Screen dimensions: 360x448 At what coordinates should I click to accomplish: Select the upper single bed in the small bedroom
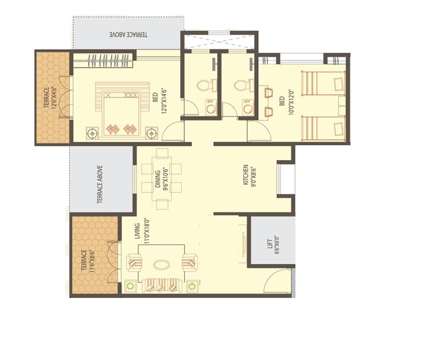[x=323, y=83]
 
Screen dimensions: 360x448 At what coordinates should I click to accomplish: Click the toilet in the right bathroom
[x=243, y=86]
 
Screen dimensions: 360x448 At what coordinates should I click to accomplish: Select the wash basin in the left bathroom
[x=211, y=108]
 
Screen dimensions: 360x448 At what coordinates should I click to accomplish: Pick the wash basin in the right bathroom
[x=248, y=108]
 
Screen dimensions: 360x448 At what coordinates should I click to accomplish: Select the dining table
[x=161, y=179]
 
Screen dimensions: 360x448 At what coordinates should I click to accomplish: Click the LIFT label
[x=273, y=241]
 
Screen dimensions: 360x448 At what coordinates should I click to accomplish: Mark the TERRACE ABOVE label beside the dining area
[x=100, y=184]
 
